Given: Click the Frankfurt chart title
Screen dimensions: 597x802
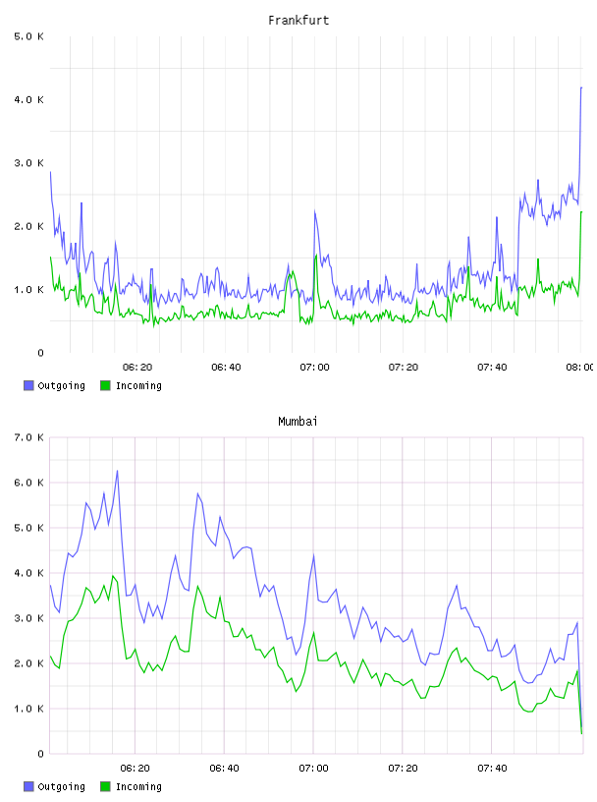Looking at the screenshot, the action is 298,21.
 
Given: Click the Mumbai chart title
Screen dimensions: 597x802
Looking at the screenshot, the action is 298,422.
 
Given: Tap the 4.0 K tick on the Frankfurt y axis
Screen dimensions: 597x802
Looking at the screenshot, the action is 29,99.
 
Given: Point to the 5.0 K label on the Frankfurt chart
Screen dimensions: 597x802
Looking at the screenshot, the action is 29,36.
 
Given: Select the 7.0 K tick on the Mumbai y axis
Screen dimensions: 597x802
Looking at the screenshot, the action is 29,437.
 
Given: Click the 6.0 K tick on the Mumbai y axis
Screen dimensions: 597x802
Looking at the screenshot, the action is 29,483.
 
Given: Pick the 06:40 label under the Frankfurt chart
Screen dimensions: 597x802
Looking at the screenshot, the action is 226,368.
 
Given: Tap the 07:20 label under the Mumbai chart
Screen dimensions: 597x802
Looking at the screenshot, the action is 403,769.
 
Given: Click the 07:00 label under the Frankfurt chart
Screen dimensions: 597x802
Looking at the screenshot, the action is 314,368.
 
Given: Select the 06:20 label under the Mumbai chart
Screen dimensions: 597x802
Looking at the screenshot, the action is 135,769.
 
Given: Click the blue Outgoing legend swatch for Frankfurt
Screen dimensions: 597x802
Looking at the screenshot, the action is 28,385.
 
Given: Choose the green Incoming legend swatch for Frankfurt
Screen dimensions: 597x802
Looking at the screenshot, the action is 105,385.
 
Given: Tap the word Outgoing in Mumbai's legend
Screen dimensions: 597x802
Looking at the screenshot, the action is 61,787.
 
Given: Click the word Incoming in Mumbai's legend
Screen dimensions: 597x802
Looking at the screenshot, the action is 138,787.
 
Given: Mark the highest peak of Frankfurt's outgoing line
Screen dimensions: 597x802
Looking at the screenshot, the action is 581,88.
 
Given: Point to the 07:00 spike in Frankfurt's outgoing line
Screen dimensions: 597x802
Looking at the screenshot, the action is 315,211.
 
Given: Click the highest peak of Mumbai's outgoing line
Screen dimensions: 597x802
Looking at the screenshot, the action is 117,471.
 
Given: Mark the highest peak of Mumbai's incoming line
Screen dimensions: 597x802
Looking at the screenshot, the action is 113,576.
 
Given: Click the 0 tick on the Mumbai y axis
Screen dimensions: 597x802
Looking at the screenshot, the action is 40,754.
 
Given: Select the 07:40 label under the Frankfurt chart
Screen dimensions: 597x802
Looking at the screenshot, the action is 492,368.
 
